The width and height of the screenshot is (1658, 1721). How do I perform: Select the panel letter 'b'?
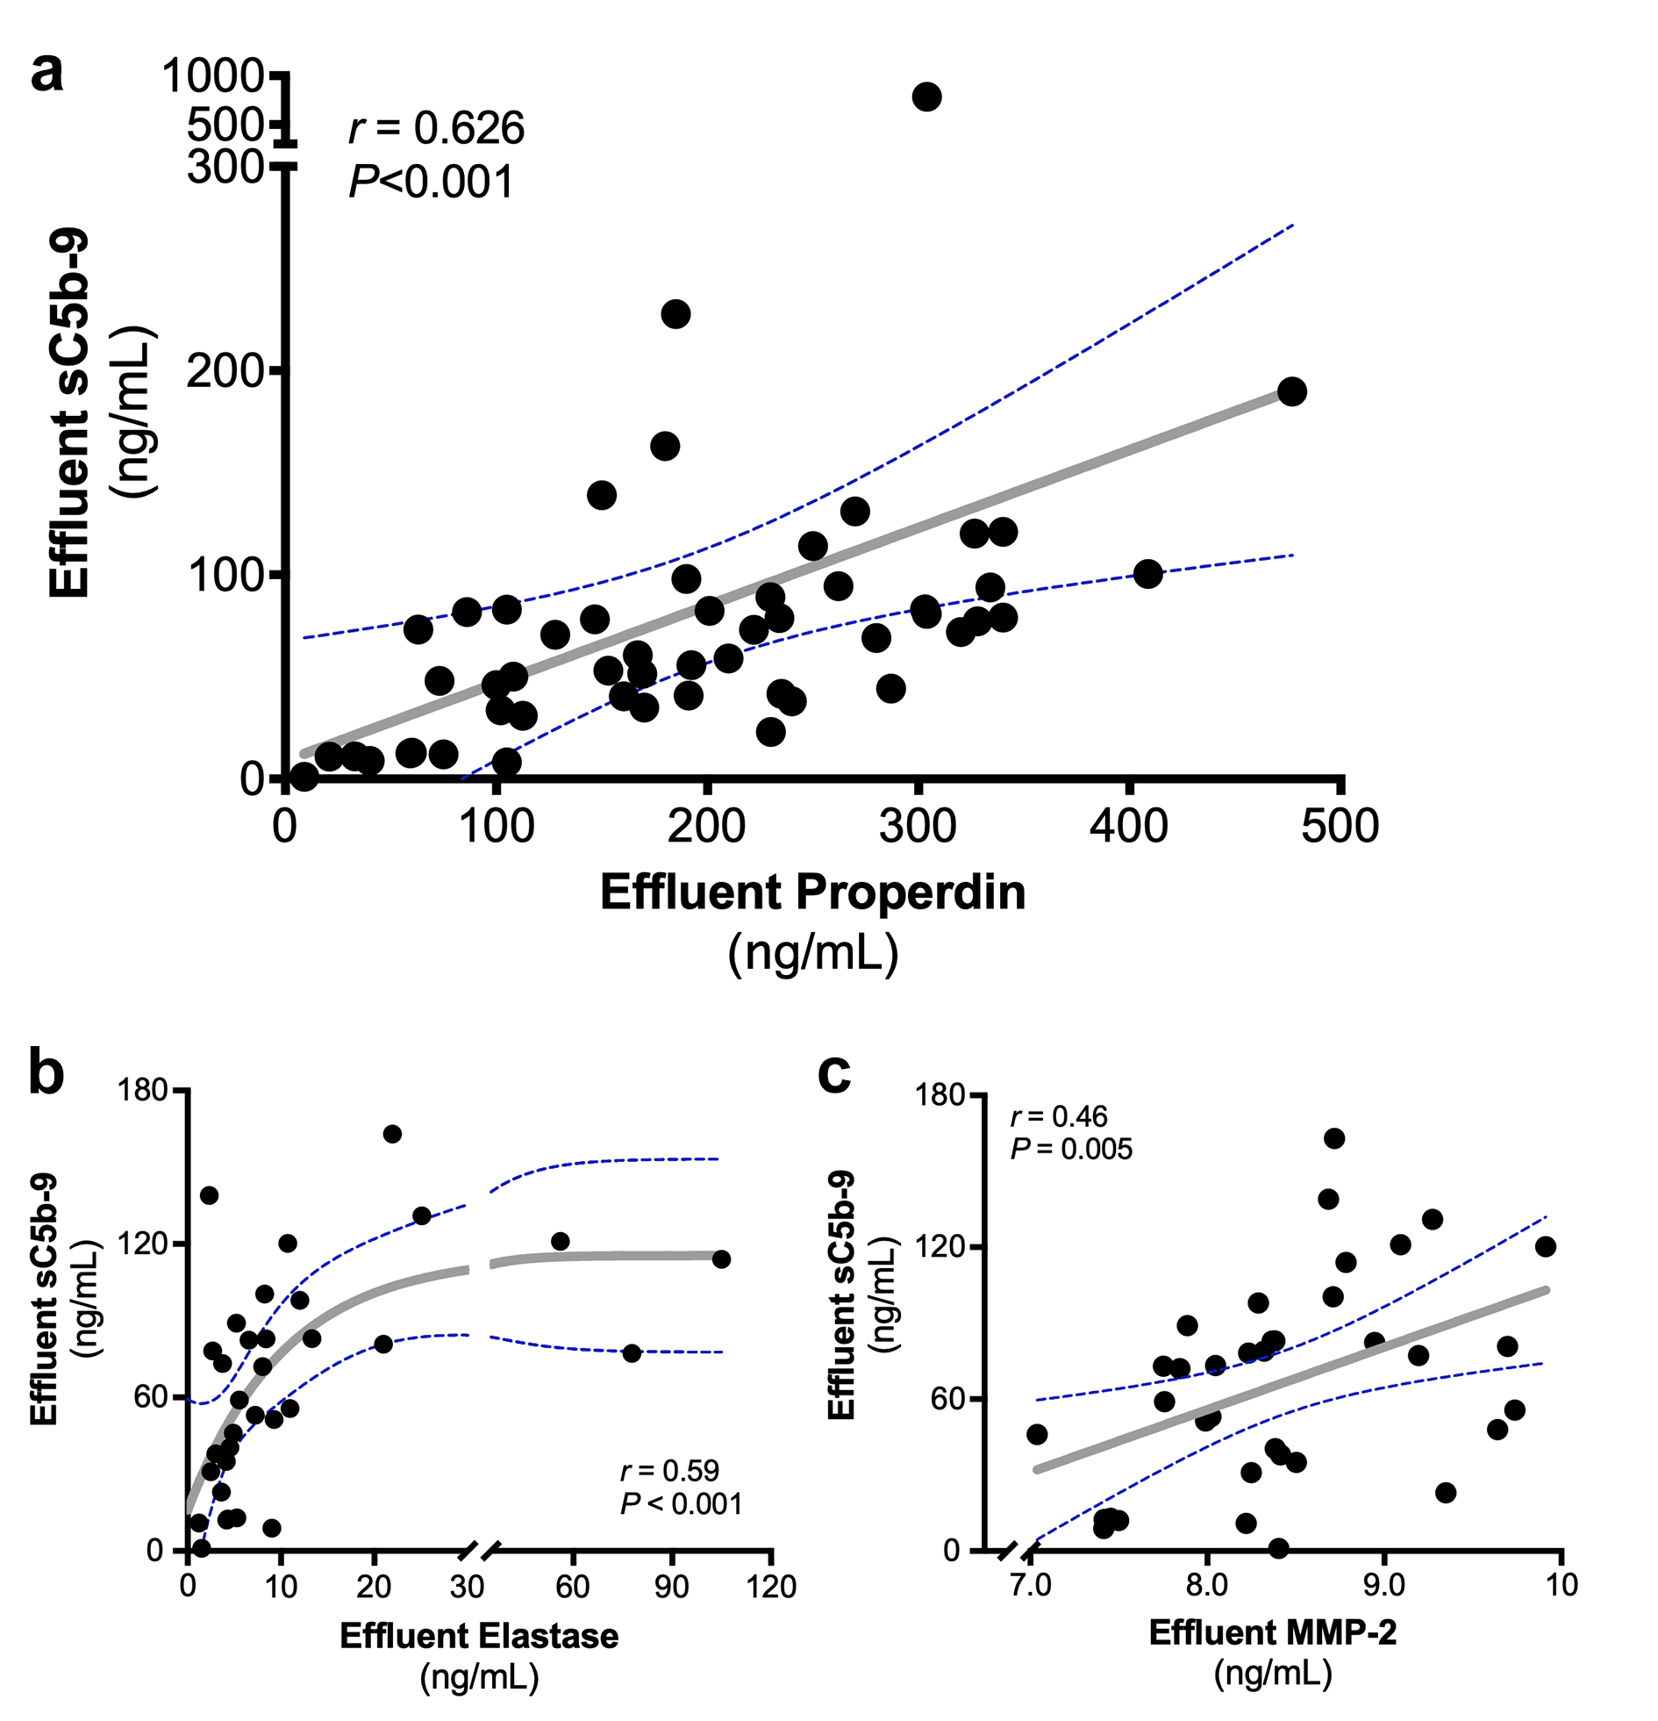click(46, 1074)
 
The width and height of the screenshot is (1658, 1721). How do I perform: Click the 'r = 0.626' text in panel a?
click(437, 128)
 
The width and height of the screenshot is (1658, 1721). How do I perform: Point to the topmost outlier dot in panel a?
click(927, 97)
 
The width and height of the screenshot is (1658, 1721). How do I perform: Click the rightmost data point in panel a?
click(1291, 391)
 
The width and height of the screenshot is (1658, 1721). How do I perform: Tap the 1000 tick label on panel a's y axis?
click(213, 76)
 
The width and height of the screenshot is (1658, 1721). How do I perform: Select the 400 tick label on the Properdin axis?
click(1129, 826)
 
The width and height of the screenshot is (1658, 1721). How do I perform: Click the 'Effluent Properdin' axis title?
click(812, 893)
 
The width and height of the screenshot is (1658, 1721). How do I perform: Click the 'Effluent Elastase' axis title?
click(479, 1636)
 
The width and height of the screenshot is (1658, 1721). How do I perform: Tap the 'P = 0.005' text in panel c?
click(1071, 1149)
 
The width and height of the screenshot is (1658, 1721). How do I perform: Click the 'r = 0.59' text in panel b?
click(669, 1470)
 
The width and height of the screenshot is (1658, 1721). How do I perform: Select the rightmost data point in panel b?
click(721, 1259)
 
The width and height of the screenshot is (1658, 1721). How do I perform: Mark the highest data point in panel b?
click(392, 1134)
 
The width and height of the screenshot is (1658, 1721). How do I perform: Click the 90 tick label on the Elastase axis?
click(672, 1588)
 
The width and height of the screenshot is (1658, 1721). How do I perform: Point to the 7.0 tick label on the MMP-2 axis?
click(1031, 1585)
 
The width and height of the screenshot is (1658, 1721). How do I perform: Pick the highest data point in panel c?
click(1334, 1139)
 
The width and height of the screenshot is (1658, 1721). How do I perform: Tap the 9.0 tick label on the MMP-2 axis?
click(1384, 1585)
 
